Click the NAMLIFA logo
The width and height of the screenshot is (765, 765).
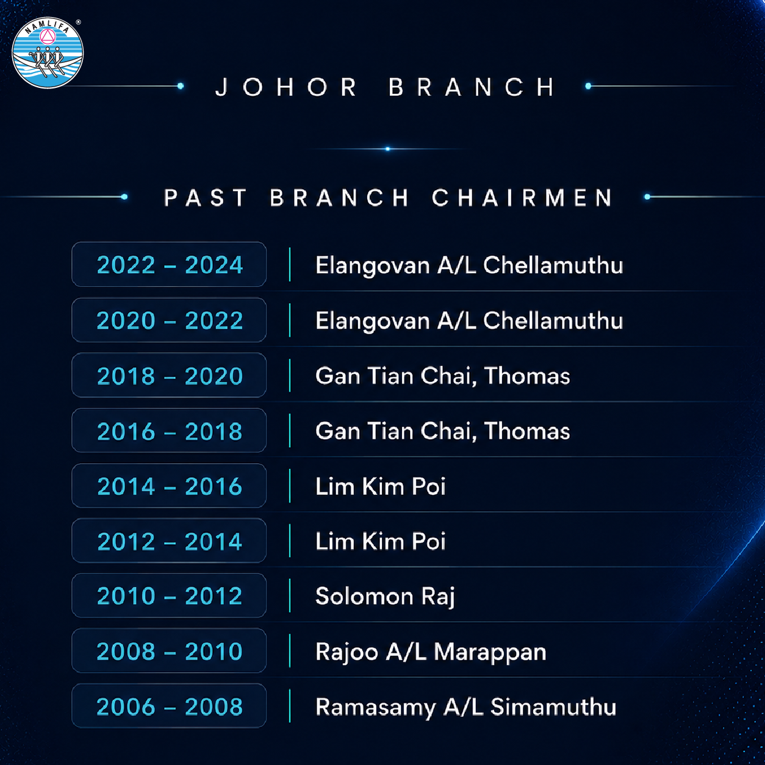click(48, 52)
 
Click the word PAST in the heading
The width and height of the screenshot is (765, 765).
click(205, 197)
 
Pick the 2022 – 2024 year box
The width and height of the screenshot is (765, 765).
click(169, 264)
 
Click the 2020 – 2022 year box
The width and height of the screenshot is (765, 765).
click(169, 320)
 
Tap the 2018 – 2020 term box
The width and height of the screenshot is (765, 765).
click(169, 375)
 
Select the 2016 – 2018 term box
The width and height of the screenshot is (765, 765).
click(169, 430)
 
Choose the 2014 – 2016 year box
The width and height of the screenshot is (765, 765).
click(169, 486)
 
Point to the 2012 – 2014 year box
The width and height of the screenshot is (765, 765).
click(169, 541)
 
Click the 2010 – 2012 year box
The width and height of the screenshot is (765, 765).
click(169, 595)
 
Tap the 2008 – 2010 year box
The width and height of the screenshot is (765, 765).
click(169, 651)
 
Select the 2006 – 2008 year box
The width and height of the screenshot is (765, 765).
click(169, 706)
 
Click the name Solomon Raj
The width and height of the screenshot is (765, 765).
click(385, 597)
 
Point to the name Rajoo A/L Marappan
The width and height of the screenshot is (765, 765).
click(431, 652)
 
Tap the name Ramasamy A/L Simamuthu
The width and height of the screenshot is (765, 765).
click(465, 707)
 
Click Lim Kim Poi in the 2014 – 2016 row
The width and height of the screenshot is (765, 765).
click(380, 486)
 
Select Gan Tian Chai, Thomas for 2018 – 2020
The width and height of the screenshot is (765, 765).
click(443, 376)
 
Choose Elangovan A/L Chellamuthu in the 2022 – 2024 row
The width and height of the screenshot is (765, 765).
click(469, 265)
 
